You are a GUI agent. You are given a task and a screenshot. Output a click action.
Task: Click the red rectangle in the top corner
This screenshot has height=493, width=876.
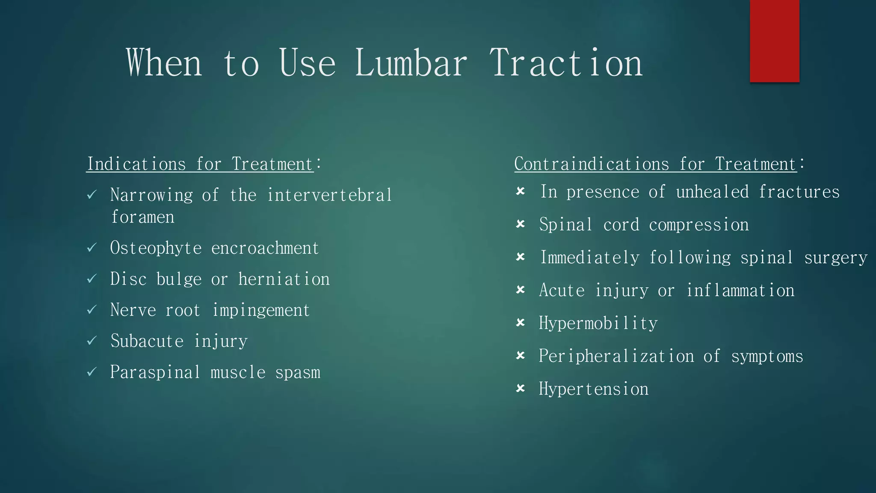774,41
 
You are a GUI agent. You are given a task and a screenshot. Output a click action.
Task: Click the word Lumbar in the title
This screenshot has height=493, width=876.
411,63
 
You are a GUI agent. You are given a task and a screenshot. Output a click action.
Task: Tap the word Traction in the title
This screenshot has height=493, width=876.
565,63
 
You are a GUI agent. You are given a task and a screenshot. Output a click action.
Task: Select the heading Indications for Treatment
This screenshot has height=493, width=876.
200,164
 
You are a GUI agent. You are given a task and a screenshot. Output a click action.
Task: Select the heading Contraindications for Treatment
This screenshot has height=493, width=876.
656,164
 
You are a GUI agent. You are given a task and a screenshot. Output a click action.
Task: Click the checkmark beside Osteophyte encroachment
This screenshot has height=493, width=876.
92,248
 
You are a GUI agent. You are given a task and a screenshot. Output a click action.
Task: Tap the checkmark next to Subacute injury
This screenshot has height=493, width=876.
92,341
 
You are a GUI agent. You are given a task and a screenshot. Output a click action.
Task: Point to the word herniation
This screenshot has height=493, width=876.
284,279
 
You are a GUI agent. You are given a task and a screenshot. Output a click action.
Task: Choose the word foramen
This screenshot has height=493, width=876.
142,217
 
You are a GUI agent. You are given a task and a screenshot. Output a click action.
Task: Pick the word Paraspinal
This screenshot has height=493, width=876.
155,372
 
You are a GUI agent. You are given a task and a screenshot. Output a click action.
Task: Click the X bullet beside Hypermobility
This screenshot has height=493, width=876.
521,323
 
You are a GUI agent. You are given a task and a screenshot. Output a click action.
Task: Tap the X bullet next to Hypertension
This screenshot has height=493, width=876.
521,389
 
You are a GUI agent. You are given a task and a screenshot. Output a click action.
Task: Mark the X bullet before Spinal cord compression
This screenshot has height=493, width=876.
521,224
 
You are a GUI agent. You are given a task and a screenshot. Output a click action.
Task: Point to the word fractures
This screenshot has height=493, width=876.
799,192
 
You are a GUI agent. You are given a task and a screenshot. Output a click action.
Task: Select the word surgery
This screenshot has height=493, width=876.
836,258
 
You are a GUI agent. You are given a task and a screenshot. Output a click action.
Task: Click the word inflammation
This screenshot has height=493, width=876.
740,290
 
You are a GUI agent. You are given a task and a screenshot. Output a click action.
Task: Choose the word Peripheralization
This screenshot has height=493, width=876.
616,356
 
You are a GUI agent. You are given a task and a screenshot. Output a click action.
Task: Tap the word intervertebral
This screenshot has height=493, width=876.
329,195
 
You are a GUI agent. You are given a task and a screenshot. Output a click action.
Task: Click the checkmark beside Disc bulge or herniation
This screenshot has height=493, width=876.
92,279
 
